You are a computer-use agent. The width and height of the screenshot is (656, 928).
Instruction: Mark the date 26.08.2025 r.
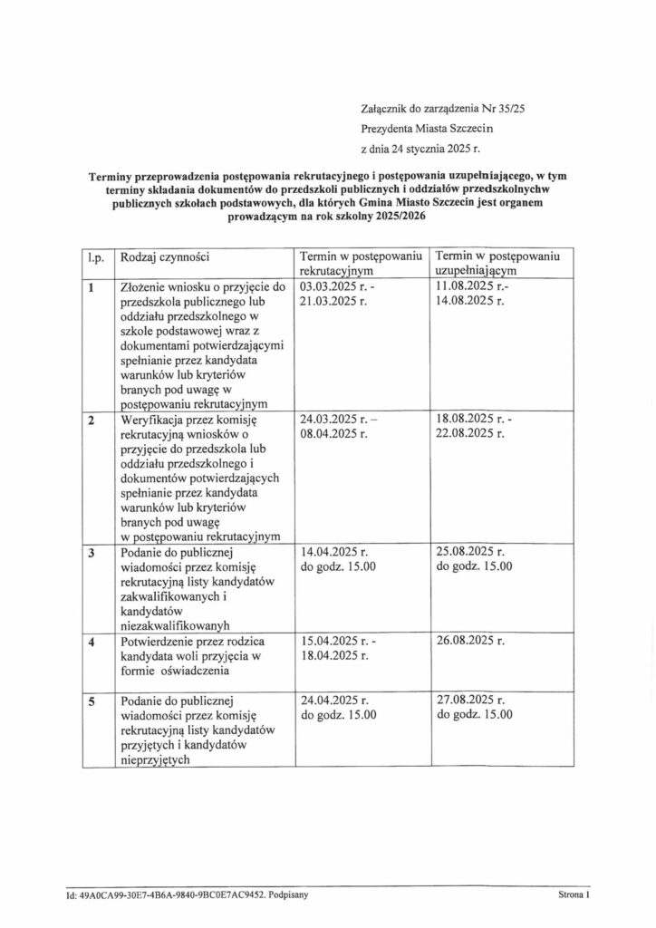tap(469, 642)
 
